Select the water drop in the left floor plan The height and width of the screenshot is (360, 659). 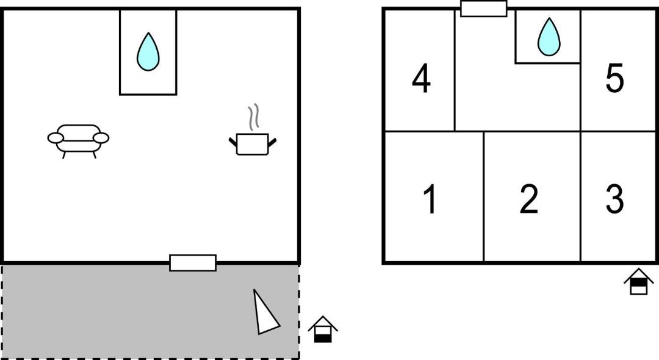148,52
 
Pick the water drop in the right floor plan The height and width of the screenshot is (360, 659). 549,37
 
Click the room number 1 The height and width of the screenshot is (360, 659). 430,199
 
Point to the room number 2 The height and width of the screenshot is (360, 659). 528,199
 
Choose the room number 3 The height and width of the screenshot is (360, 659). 614,199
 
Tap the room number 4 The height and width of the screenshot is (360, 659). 421,79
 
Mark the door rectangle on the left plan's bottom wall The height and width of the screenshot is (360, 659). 193,263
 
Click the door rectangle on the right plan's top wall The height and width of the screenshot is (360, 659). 484,9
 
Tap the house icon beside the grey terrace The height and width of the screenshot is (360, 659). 323,329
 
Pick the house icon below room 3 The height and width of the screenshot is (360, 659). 639,281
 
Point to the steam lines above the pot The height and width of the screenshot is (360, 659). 253,117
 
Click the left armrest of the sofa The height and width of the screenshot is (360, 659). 55,138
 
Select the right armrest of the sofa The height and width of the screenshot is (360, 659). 101,138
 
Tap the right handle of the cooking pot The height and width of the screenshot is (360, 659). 272,142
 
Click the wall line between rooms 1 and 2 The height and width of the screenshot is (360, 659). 484,196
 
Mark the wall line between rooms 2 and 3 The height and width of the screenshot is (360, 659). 581,196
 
